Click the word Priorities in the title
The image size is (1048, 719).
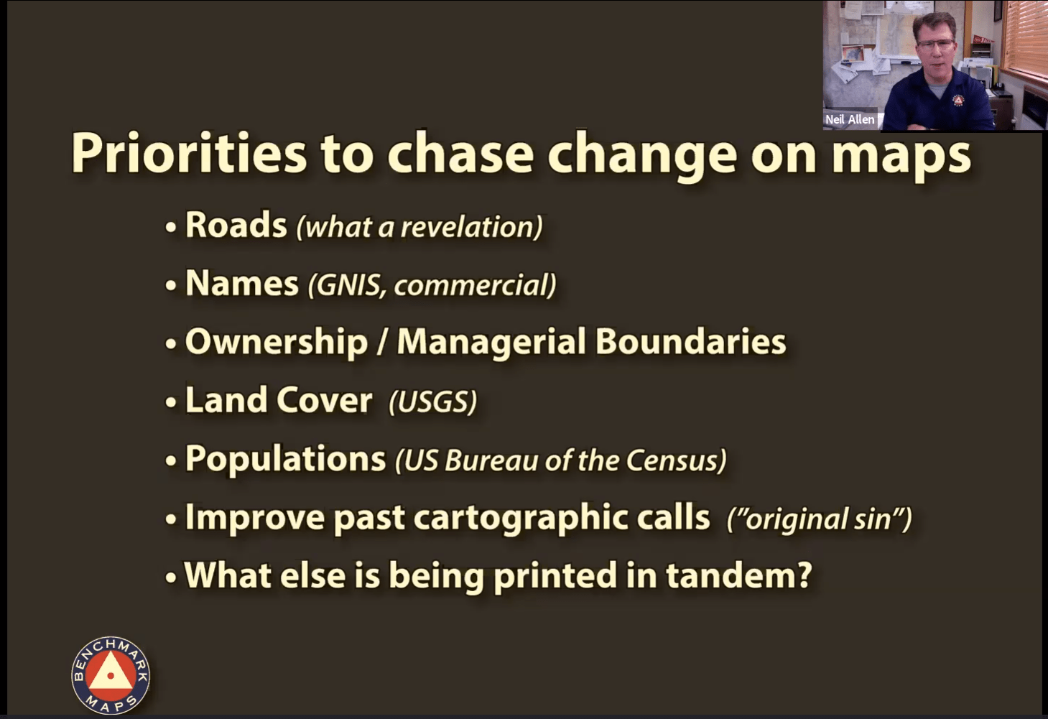188,154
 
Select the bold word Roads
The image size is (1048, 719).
236,225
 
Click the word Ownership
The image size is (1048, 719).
277,342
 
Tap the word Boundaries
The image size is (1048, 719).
690,341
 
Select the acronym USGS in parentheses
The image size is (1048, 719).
433,402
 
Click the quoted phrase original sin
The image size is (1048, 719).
819,519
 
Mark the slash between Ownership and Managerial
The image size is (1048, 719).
382,342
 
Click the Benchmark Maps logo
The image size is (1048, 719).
111,675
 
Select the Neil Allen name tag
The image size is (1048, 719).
850,119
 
